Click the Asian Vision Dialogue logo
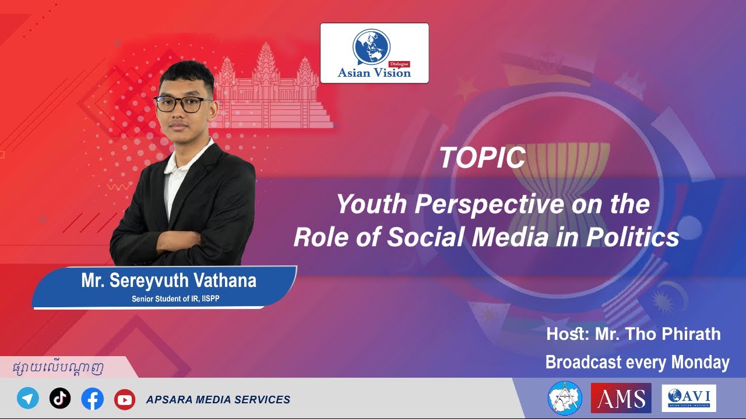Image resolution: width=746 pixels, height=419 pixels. (x=374, y=54)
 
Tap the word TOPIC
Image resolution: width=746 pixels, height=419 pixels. (x=482, y=158)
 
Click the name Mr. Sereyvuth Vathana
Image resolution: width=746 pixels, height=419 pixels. (x=168, y=281)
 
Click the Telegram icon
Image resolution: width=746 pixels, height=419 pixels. (x=28, y=399)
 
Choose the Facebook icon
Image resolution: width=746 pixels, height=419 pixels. (x=92, y=399)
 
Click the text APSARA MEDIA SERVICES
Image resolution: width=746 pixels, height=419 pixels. (x=218, y=400)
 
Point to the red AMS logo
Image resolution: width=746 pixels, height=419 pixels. (x=621, y=398)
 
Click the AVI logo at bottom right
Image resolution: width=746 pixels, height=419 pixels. (x=688, y=398)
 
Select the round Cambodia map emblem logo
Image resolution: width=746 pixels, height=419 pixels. (x=565, y=398)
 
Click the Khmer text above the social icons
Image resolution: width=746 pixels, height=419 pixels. (x=58, y=368)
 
